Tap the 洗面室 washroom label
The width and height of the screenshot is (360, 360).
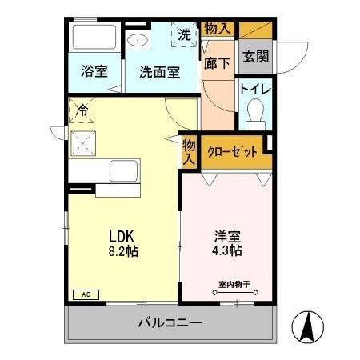pyautogui.click(x=159, y=71)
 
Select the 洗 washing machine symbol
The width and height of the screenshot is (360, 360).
pyautogui.click(x=184, y=35)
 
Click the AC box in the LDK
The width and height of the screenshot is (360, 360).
pyautogui.click(x=84, y=294)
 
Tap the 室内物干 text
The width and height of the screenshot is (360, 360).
pyautogui.click(x=233, y=284)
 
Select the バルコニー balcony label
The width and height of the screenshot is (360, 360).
pyautogui.click(x=170, y=324)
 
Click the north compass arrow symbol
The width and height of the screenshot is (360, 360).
pyautogui.click(x=310, y=326)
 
